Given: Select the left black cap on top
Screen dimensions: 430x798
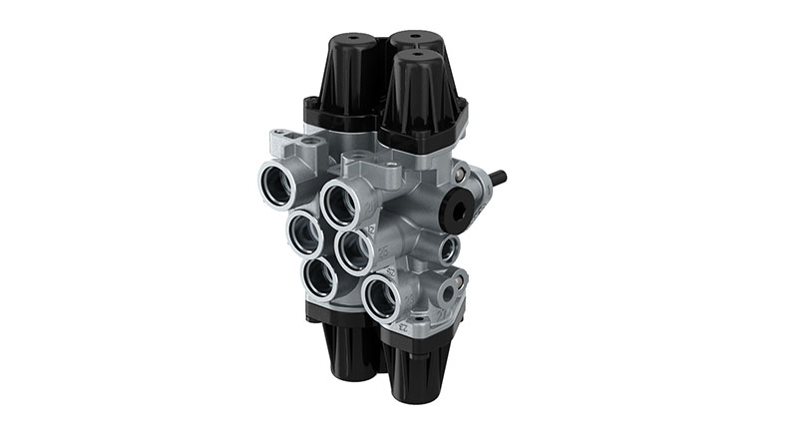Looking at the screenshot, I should pos(347,80).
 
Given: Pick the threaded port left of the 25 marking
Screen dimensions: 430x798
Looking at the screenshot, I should pos(352,250).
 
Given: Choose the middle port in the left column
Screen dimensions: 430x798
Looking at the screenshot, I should pos(303,232).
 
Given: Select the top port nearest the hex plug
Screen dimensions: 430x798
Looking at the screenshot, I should pos(341,204).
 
